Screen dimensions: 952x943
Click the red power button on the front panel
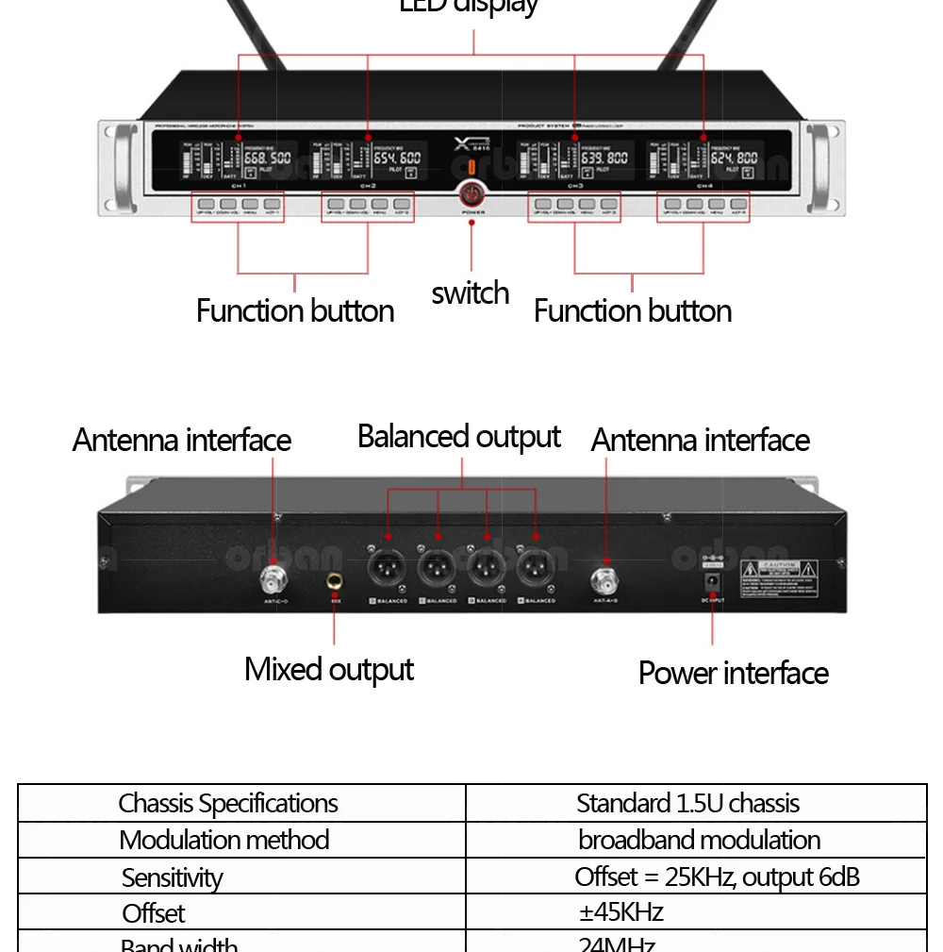471,194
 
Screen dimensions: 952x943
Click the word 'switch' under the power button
471,293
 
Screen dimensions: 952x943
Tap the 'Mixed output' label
329,669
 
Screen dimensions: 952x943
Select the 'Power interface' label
733,673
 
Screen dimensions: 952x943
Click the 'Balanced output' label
459,437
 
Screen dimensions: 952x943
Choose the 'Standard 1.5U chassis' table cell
687,804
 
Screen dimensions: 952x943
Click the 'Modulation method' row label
224,840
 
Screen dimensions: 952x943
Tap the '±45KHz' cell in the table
620,912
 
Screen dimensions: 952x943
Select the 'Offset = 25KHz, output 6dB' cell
717,877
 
